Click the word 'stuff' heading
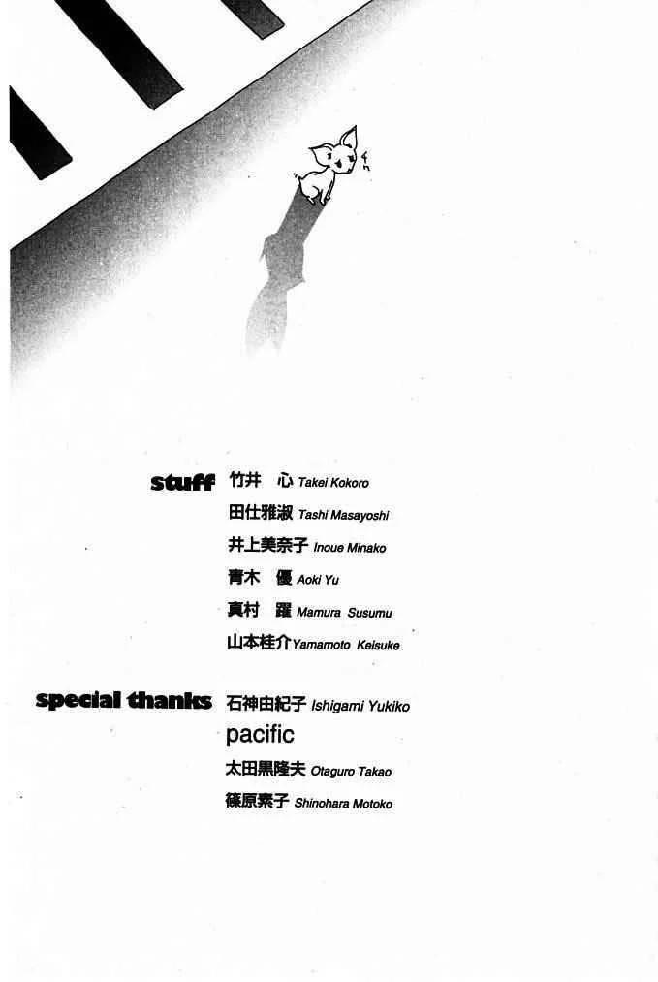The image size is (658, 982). click(182, 482)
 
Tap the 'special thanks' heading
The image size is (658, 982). click(123, 700)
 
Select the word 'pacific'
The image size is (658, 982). click(260, 734)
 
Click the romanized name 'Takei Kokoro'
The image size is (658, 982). click(333, 483)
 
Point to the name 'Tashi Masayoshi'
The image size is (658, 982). click(343, 516)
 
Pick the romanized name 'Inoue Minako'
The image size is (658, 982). click(349, 548)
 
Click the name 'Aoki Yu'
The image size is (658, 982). click(318, 580)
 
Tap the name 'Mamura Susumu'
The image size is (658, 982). click(344, 613)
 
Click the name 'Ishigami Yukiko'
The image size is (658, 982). click(360, 707)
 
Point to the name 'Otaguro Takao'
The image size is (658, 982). click(351, 772)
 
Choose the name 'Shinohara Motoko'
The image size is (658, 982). click(343, 804)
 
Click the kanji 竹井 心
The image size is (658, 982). click(261, 481)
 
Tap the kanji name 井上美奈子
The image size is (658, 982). click(267, 546)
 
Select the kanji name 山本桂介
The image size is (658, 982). click(259, 643)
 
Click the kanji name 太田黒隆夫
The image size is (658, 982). click(266, 770)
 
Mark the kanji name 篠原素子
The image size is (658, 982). click(257, 802)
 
